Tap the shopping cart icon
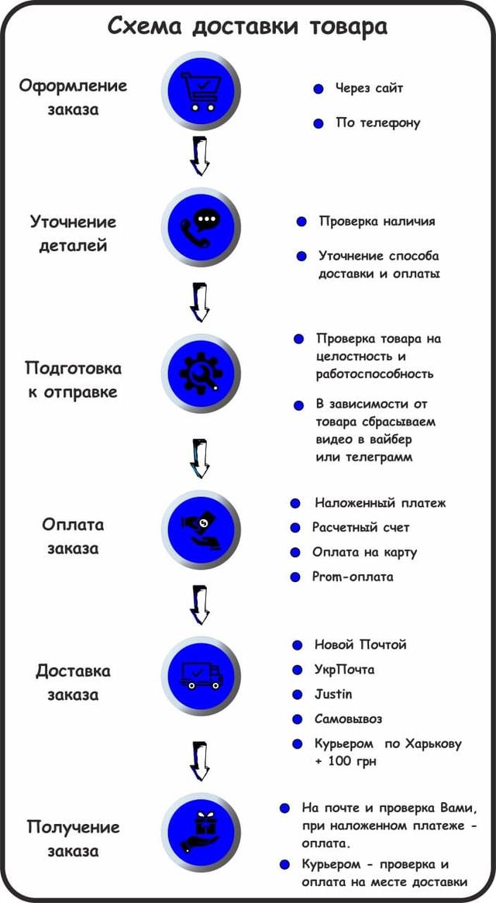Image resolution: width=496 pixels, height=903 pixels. point(200,91)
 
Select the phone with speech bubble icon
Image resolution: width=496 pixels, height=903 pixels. point(200,227)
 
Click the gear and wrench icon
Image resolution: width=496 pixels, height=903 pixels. point(200,373)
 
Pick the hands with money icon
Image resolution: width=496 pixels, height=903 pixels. point(200,530)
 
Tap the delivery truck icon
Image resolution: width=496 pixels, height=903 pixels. point(200,676)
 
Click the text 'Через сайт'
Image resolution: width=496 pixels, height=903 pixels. point(369,88)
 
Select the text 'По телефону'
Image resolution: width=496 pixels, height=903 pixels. point(378,123)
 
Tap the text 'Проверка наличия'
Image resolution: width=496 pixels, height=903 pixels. point(377,222)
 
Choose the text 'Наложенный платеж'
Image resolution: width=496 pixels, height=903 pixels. point(381,503)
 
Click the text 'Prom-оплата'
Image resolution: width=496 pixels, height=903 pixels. point(353,577)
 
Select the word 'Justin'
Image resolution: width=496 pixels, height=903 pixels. point(333,694)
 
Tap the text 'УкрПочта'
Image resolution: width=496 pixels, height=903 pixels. point(345,670)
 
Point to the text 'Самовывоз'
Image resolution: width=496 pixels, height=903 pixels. point(348,719)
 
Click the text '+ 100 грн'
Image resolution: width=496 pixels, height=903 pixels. point(345,761)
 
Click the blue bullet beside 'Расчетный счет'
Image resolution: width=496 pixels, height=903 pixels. point(295,528)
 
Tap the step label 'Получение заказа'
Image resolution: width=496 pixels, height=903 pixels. point(73,839)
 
